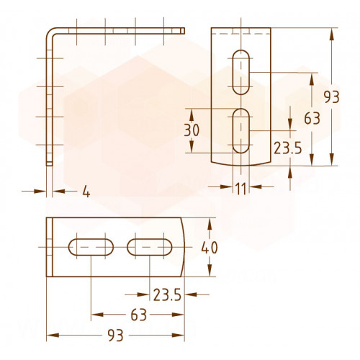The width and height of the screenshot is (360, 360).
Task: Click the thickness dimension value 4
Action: (86, 192)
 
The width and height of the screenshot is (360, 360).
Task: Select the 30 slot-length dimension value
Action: (192, 130)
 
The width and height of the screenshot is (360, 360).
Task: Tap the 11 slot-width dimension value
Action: (241, 189)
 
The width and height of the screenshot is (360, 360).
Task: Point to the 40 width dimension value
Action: (210, 248)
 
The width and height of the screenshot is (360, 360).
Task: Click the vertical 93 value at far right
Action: (331, 97)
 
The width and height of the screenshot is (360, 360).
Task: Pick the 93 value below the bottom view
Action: (115, 336)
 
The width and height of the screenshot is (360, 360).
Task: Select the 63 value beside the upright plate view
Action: (312, 118)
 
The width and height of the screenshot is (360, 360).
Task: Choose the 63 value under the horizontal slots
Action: (139, 315)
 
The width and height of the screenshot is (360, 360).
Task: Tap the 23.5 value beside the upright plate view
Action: (287, 148)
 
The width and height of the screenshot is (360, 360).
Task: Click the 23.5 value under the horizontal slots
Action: (167, 294)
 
